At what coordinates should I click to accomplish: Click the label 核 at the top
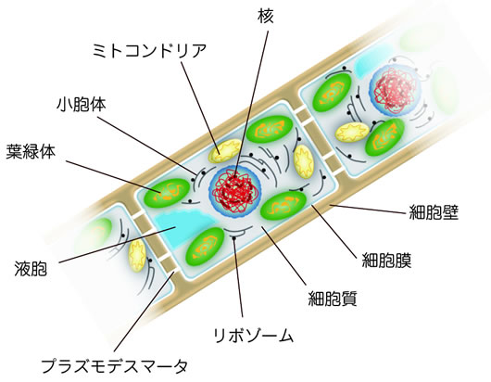click(266, 16)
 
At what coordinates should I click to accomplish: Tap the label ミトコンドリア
click(149, 50)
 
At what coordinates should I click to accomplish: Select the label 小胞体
click(82, 104)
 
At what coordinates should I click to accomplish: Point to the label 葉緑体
click(31, 151)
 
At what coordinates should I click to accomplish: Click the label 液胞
click(31, 269)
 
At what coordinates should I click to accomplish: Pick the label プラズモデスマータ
click(115, 365)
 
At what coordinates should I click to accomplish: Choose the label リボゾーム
click(253, 336)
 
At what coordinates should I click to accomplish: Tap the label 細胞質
click(333, 298)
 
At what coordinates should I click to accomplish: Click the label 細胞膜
click(386, 260)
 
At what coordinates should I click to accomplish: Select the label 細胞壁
click(434, 212)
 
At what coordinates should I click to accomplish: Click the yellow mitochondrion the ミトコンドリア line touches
click(225, 151)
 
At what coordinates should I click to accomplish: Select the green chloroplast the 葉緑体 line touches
click(167, 193)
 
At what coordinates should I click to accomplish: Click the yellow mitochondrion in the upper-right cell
click(352, 133)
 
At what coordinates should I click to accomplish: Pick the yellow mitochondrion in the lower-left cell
click(137, 255)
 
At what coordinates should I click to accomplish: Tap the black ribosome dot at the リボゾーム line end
click(233, 239)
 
